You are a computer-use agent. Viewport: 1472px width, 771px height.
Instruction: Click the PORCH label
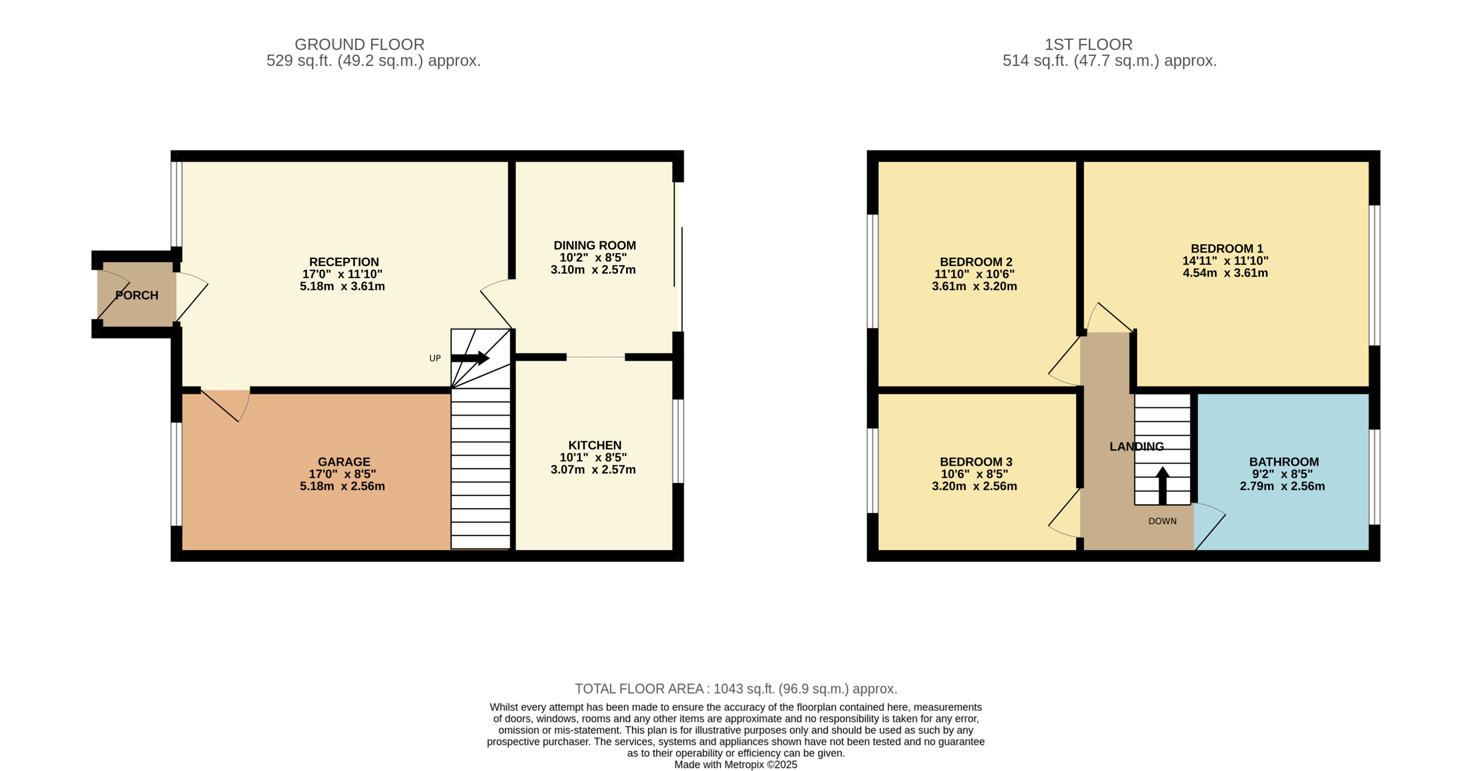click(137, 295)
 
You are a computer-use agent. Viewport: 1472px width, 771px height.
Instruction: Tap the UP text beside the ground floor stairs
click(435, 358)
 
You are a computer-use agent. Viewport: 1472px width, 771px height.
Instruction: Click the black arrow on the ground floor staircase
click(470, 358)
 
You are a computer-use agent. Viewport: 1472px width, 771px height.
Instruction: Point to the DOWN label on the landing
click(1162, 521)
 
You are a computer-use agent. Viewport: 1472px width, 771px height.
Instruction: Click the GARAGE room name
click(344, 462)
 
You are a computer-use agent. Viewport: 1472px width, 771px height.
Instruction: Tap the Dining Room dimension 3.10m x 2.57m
click(593, 270)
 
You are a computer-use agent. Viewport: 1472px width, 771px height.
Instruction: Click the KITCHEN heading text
click(594, 445)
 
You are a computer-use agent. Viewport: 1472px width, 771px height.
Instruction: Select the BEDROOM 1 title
click(1226, 249)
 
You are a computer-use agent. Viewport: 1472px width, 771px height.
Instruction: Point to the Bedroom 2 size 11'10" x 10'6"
click(974, 274)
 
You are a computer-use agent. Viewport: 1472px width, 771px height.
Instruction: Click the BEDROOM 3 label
click(976, 462)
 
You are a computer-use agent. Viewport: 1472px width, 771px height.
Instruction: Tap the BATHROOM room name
click(1284, 462)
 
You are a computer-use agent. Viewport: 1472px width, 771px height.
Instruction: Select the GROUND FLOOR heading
click(360, 45)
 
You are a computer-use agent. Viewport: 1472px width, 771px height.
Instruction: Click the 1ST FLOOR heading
click(1088, 45)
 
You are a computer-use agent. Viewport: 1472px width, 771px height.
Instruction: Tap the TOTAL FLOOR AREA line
click(736, 689)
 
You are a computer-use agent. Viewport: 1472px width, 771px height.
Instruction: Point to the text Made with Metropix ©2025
click(736, 765)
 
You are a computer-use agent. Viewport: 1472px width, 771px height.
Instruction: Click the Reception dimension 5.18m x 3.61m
click(342, 286)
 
